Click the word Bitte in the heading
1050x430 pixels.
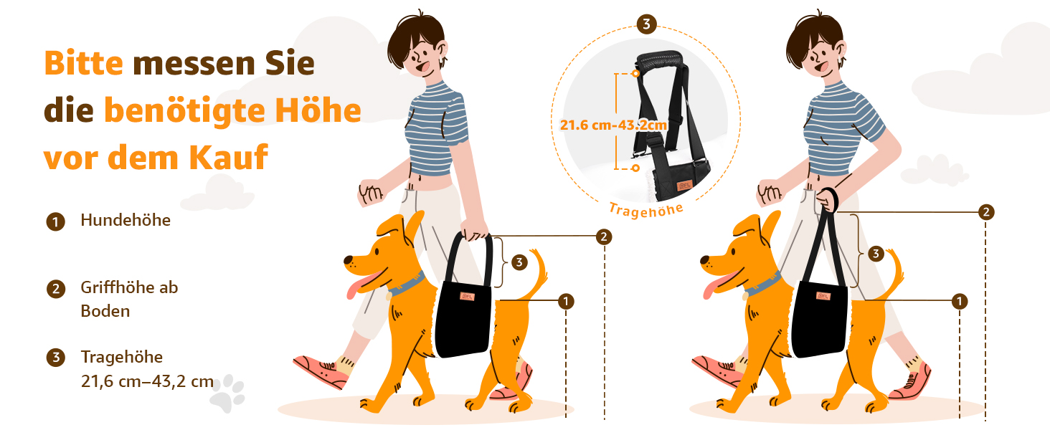click(83, 63)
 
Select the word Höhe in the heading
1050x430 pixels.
click(318, 110)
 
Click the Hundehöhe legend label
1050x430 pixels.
click(126, 220)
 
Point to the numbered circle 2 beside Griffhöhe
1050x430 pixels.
click(56, 289)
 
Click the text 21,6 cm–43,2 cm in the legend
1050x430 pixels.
click(147, 381)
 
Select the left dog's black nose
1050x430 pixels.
click(349, 260)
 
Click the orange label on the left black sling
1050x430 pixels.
click(467, 296)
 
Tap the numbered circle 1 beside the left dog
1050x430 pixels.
click(566, 301)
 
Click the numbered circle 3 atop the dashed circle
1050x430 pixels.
click(646, 24)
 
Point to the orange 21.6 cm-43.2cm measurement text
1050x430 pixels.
click(613, 125)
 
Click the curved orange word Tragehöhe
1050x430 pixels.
click(646, 210)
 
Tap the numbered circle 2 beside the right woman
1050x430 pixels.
click(986, 212)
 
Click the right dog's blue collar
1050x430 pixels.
click(764, 284)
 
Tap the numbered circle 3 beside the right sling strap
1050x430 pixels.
click(876, 254)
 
